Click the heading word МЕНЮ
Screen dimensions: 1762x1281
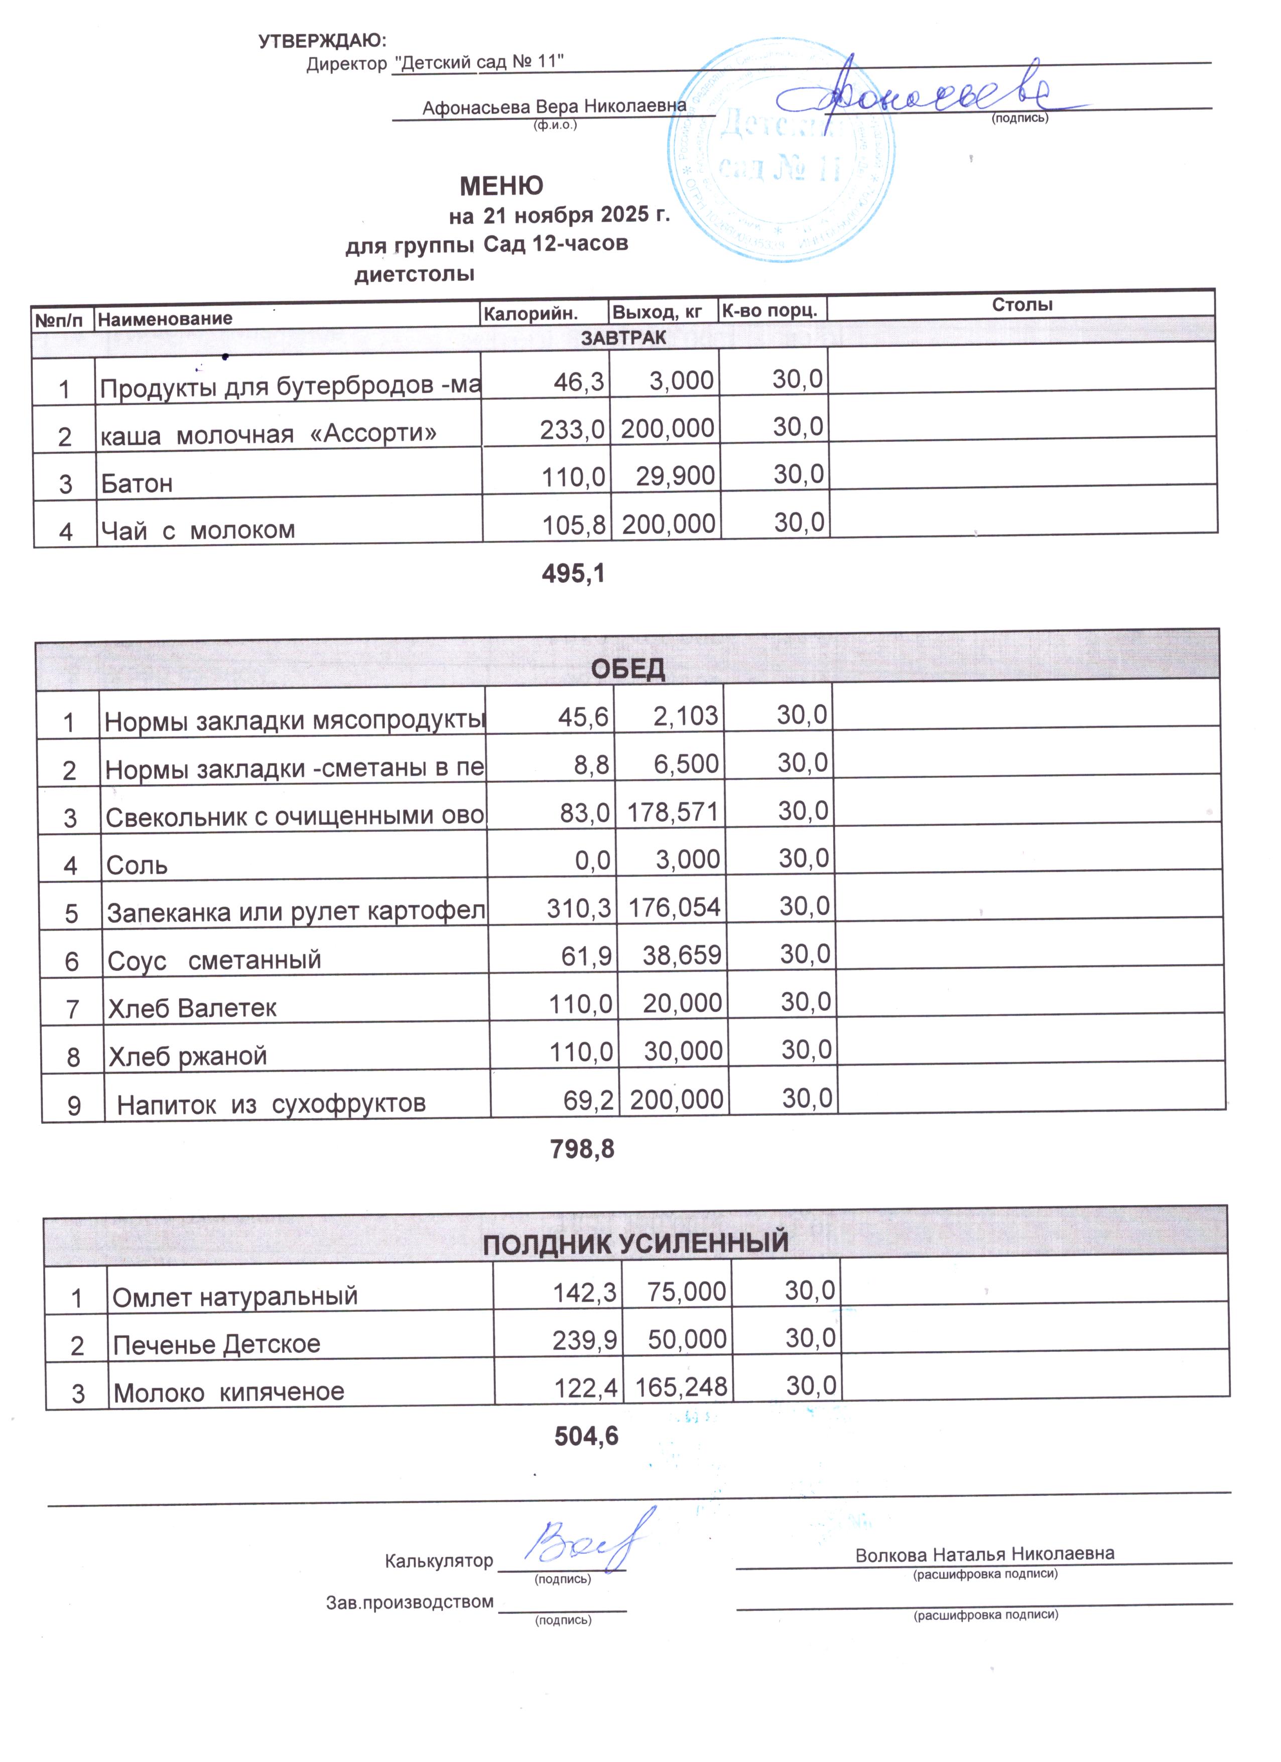pos(501,186)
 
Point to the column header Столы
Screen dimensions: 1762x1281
pos(1021,305)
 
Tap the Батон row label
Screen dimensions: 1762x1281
pos(137,484)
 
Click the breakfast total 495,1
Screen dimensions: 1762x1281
pos(573,574)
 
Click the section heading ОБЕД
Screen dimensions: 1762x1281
pos(627,669)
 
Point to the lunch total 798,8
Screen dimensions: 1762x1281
pos(582,1149)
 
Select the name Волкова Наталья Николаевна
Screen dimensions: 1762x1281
pos(984,1555)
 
